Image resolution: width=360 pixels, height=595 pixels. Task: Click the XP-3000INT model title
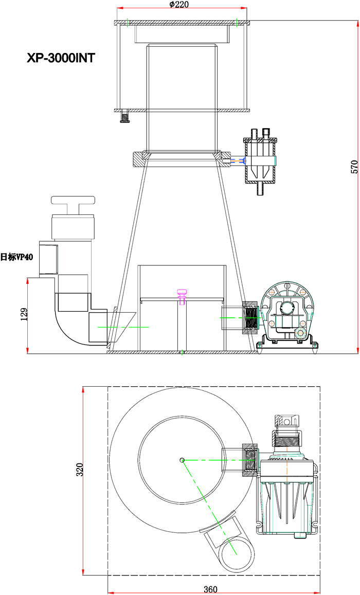pos(61,58)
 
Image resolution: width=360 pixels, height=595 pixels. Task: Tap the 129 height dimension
pos(24,314)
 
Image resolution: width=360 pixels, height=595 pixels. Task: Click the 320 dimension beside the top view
pos(79,470)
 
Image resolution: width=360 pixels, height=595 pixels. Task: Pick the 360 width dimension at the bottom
pos(210,589)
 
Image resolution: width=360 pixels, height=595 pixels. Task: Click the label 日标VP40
pos(16,257)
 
